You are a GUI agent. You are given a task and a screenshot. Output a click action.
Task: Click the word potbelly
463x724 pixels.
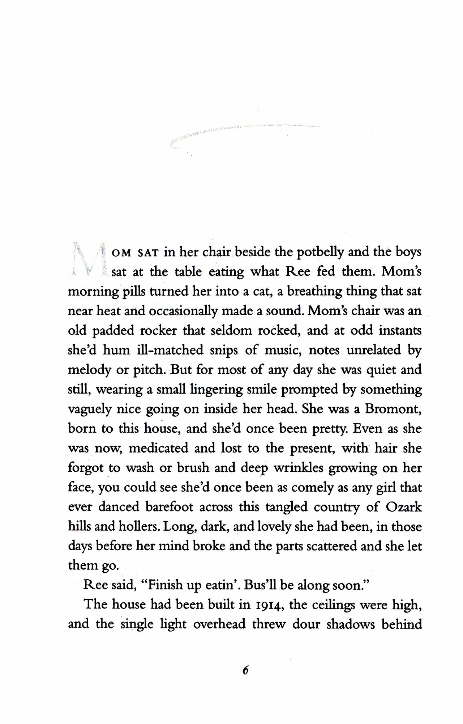pos(320,252)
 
